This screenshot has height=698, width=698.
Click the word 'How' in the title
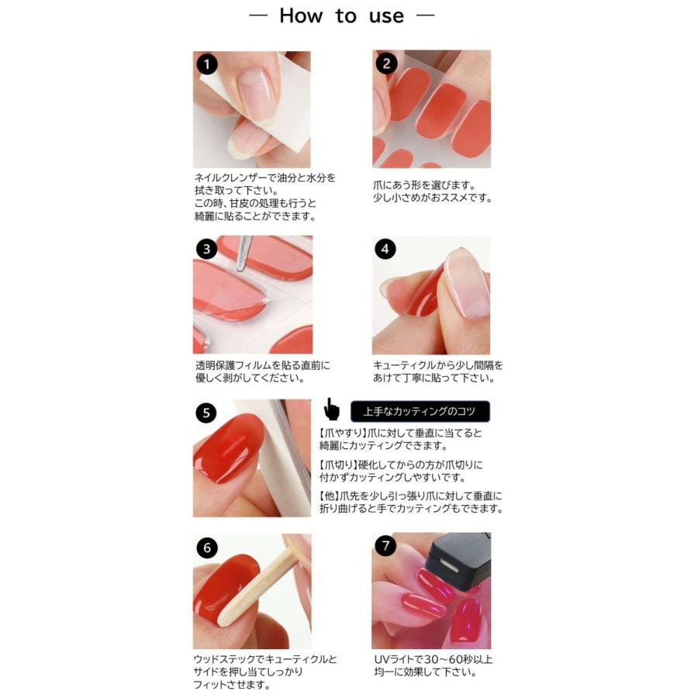point(301,16)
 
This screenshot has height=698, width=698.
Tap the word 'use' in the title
point(386,17)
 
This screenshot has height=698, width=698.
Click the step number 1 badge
point(207,64)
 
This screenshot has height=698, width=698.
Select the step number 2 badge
point(386,64)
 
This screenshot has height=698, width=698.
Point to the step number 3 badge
point(206,248)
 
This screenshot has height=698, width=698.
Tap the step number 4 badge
point(385,248)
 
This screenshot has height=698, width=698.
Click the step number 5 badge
point(206,413)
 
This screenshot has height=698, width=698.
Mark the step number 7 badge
point(385,546)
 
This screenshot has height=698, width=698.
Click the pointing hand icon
point(331,409)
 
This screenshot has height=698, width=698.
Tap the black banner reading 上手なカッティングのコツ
point(420,411)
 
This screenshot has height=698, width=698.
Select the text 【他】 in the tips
point(329,496)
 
